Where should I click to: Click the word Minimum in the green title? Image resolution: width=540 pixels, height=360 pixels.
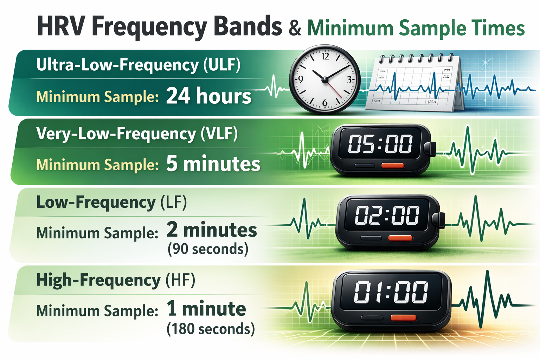pyautogui.click(x=351, y=28)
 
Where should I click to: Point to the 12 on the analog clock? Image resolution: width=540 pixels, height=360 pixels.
pyautogui.click(x=325, y=56)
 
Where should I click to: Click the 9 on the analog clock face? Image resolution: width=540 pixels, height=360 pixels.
pyautogui.click(x=301, y=79)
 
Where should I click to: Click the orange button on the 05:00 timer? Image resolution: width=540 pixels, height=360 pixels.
pyautogui.click(x=392, y=166)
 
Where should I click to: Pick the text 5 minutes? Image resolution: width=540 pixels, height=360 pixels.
pyautogui.click(x=213, y=164)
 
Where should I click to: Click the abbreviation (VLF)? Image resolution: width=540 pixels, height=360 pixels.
pyautogui.click(x=219, y=134)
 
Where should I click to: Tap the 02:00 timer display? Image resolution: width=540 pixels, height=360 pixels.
pyautogui.click(x=387, y=215)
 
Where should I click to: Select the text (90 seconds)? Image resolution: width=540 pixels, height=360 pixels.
pyautogui.click(x=208, y=249)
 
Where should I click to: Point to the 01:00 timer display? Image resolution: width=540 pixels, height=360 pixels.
pyautogui.click(x=391, y=292)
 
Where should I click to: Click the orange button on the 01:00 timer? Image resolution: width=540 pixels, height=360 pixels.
pyautogui.click(x=403, y=318)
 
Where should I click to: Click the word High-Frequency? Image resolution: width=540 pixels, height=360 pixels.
pyautogui.click(x=98, y=280)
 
